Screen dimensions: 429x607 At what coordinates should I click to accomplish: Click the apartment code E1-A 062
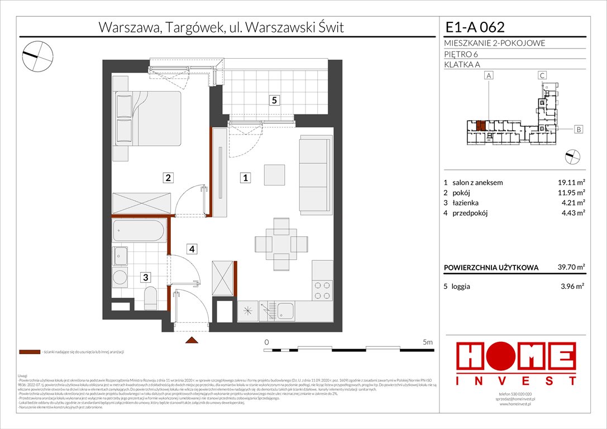point(475,27)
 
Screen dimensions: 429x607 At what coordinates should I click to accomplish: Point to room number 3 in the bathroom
point(145,277)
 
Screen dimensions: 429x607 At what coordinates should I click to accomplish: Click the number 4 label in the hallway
point(191,249)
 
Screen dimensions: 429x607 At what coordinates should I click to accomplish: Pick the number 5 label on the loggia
point(273,101)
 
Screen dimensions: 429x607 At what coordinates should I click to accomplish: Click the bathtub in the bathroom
point(140,230)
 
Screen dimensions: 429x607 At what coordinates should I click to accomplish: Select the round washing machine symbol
point(121,277)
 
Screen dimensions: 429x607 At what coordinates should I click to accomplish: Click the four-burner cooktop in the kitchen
point(323,290)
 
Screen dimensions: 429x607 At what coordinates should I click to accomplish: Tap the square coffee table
point(275,175)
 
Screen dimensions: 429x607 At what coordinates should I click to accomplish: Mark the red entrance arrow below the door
point(191,340)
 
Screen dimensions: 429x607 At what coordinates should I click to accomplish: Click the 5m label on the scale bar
point(428,341)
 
